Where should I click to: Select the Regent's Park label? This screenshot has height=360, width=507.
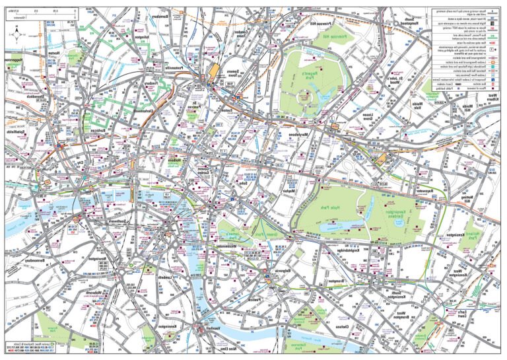click(x=304, y=79)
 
